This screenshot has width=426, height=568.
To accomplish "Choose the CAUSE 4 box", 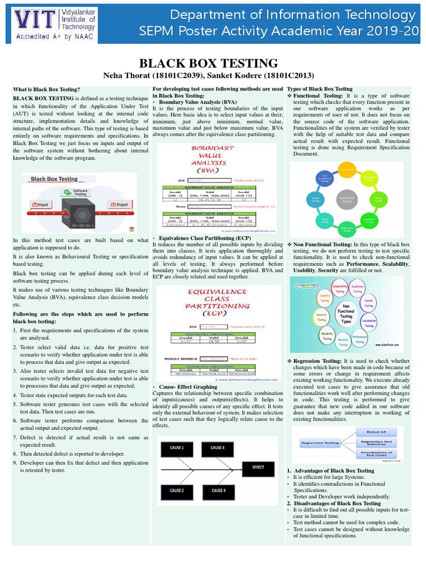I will click(217, 490).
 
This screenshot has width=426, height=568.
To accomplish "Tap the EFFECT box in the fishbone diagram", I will click(258, 467).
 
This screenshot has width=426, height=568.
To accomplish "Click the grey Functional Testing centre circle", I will click(347, 198).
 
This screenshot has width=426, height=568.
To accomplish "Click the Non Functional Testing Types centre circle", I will click(346, 313).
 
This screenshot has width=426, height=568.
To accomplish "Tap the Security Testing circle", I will click(320, 317).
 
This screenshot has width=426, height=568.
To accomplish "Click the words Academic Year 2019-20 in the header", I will click(361, 31).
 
